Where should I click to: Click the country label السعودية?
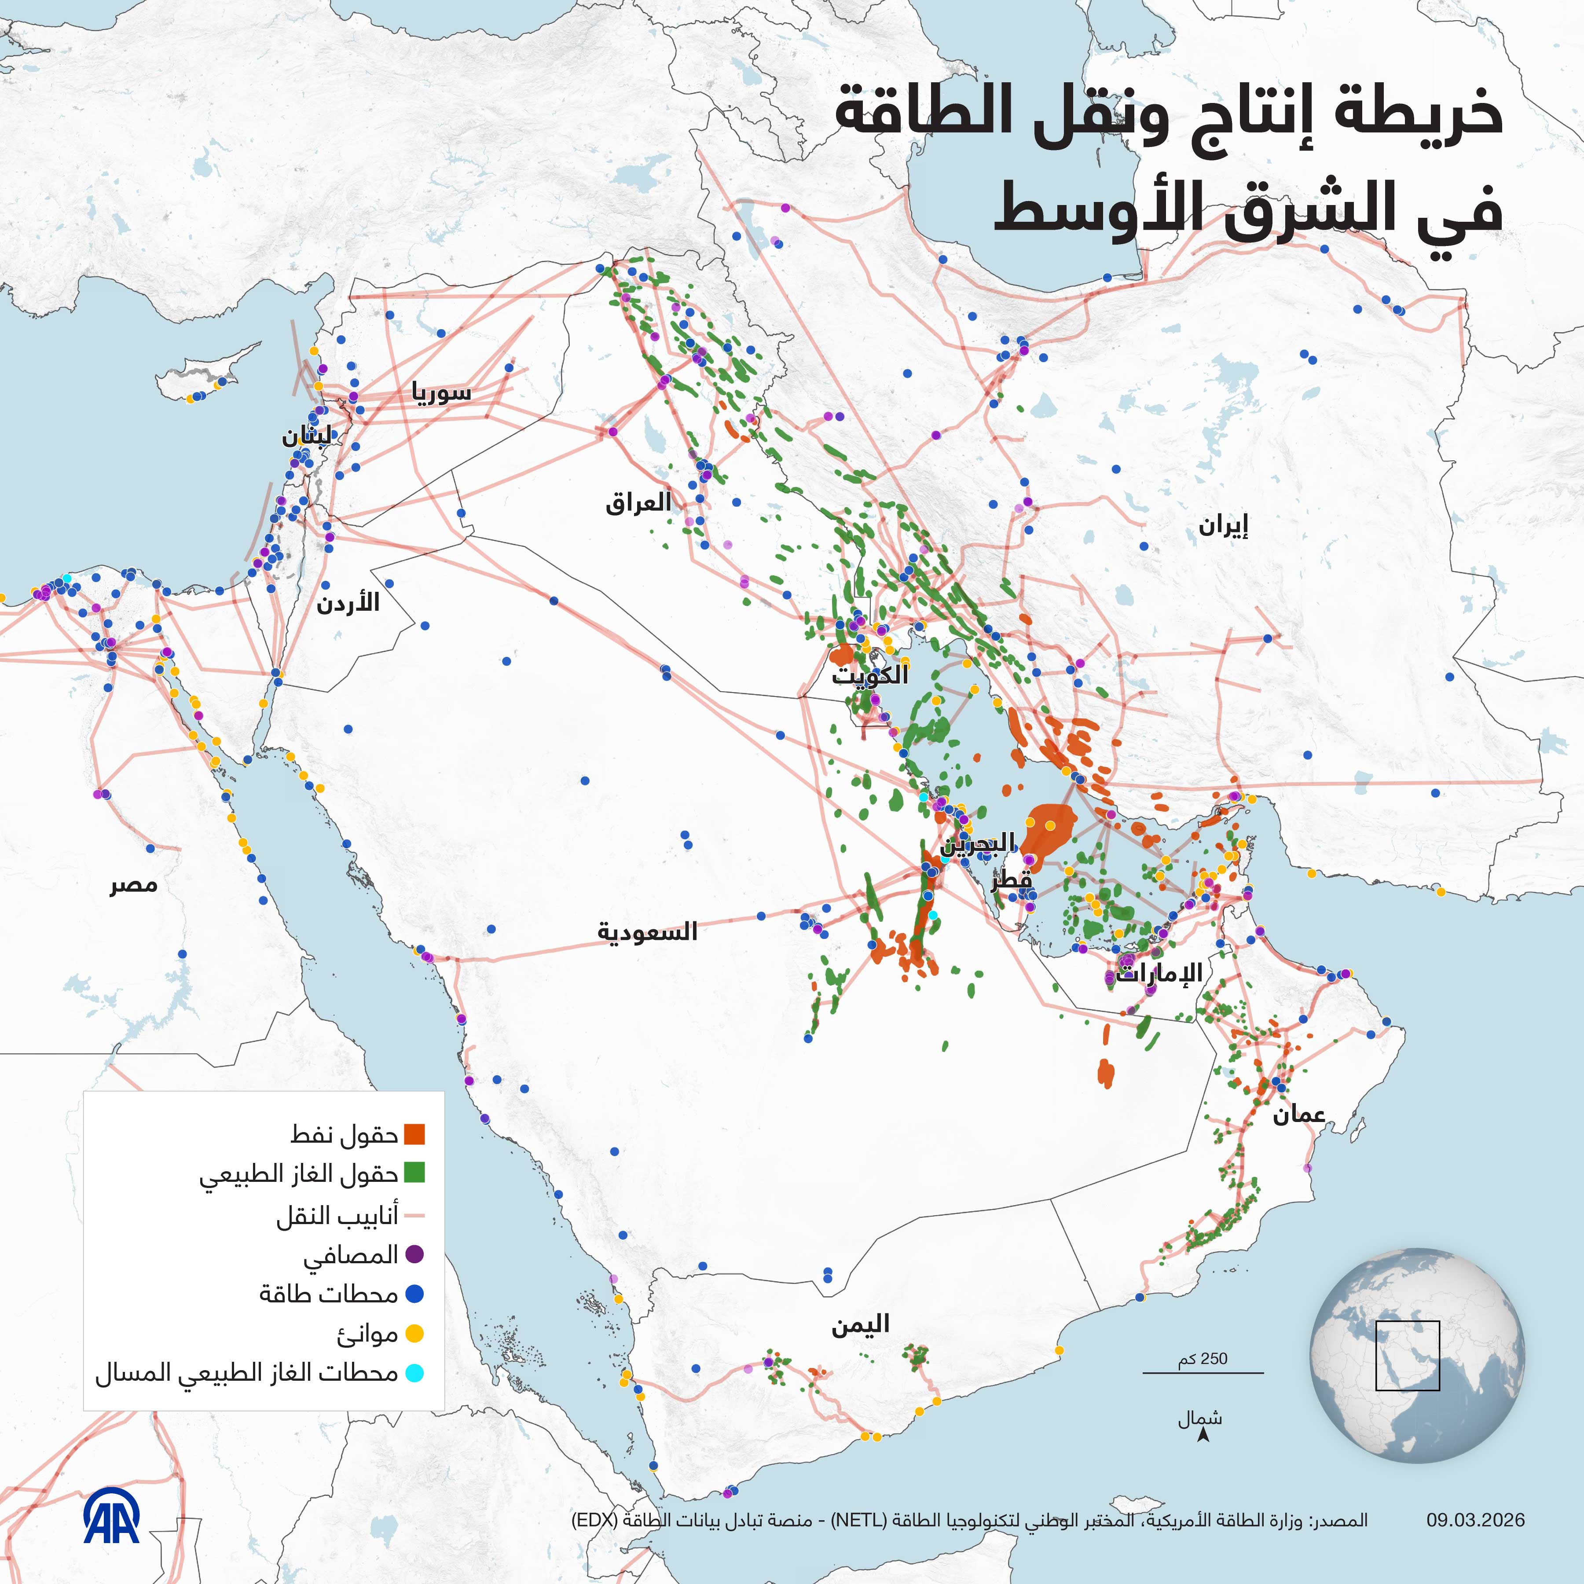pyautogui.click(x=647, y=932)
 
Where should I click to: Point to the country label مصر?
pyautogui.click(x=134, y=885)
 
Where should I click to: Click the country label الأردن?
pyautogui.click(x=348, y=603)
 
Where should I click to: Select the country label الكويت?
pyautogui.click(x=870, y=675)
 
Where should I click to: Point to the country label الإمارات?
pyautogui.click(x=1159, y=973)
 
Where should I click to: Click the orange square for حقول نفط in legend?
pyautogui.click(x=415, y=1135)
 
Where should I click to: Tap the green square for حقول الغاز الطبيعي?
pyautogui.click(x=415, y=1174)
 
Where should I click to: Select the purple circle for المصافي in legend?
pyautogui.click(x=415, y=1254)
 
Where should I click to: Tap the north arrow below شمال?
pyautogui.click(x=1203, y=1435)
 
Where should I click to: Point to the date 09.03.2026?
pyautogui.click(x=1475, y=1520)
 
